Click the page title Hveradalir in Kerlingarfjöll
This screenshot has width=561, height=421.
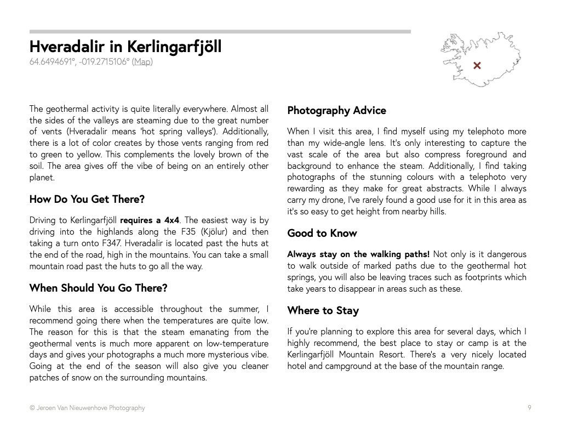[125, 47]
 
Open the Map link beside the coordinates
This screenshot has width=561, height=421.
[142, 62]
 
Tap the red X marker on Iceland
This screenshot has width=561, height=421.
[477, 66]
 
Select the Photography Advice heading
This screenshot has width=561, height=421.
[336, 111]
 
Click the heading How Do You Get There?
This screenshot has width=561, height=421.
[87, 200]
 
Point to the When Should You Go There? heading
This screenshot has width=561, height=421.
[98, 288]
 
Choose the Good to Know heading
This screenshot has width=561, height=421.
[322, 234]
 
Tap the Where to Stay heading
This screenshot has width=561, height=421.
[323, 311]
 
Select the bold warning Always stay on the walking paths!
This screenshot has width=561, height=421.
[359, 254]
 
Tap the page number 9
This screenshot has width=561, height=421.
[529, 407]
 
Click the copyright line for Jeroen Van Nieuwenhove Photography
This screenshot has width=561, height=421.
[88, 408]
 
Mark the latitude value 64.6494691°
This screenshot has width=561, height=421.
[53, 62]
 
